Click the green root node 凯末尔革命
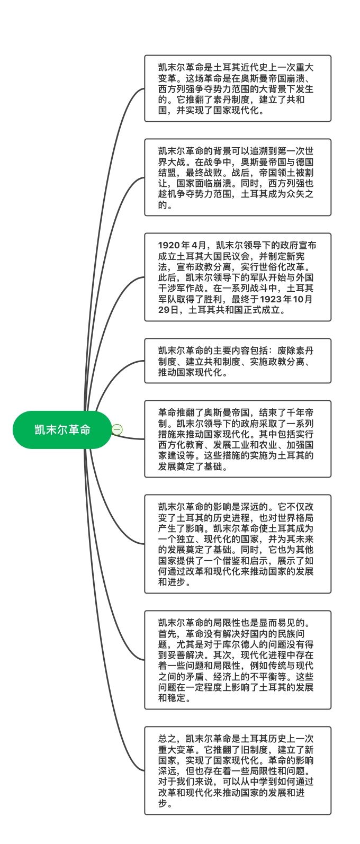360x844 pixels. (62, 429)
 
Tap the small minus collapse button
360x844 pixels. (117, 429)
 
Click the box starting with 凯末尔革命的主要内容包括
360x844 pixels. (238, 361)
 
